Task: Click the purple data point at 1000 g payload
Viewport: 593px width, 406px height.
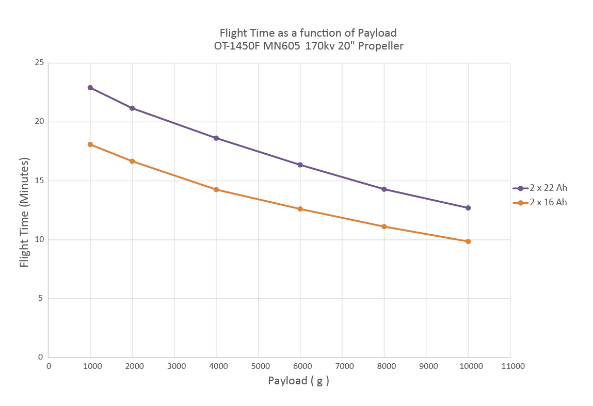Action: (90, 88)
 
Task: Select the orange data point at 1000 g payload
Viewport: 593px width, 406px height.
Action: (90, 144)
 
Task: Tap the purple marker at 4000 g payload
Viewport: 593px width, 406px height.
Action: (216, 138)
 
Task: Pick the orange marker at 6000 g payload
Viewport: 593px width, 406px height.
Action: (300, 209)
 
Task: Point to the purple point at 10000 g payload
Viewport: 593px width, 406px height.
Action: (468, 208)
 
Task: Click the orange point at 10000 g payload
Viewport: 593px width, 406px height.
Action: (468, 241)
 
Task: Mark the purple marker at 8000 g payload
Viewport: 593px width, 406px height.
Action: (384, 189)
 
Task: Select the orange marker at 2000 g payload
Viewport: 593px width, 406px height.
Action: (132, 161)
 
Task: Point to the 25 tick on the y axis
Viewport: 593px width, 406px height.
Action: (38, 63)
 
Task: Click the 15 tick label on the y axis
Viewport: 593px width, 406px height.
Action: (38, 181)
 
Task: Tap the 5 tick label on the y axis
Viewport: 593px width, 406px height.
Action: (41, 299)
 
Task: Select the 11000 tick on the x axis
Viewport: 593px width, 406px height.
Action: (512, 366)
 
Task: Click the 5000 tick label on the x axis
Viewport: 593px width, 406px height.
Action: (260, 366)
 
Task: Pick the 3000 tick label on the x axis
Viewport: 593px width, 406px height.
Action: (176, 366)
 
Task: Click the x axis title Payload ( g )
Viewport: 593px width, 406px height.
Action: (298, 381)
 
